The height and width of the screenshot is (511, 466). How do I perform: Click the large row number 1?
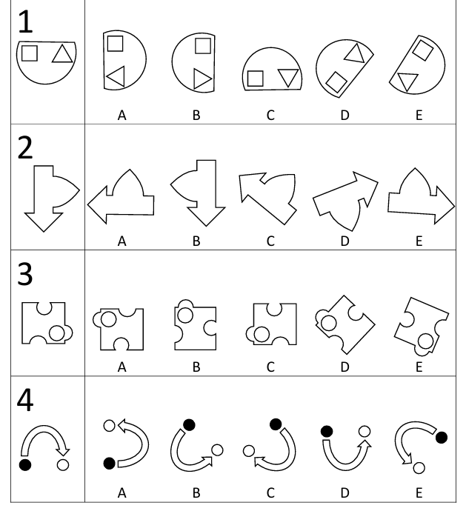[26, 21]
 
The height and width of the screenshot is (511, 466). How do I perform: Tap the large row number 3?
[25, 274]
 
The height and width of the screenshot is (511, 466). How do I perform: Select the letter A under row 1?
[122, 115]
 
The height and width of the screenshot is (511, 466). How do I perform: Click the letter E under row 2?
[419, 241]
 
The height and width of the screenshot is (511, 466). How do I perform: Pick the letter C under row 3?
[270, 367]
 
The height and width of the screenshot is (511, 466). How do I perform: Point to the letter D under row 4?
[344, 493]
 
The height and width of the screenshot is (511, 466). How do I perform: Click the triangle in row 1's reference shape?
[62, 54]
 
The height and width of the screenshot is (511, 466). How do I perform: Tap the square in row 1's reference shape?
[30, 53]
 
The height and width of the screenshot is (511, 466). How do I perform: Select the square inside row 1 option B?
[203, 46]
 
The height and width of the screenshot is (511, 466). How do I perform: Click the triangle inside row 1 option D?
[355, 53]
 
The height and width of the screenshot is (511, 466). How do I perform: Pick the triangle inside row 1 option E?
[407, 81]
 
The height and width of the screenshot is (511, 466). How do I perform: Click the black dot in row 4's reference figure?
[25, 464]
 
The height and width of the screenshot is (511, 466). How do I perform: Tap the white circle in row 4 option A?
[109, 426]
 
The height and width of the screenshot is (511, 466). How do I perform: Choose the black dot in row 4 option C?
[276, 424]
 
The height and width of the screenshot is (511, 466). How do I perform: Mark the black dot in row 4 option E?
[442, 438]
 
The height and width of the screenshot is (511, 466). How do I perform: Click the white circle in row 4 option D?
[365, 432]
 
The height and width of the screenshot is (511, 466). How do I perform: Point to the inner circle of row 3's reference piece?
[57, 333]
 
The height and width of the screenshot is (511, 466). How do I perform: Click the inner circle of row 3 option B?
[185, 315]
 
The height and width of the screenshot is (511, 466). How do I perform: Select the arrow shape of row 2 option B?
[198, 193]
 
